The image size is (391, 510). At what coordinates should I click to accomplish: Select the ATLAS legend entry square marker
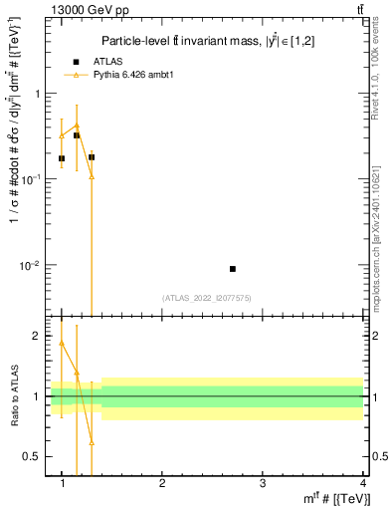click(76, 63)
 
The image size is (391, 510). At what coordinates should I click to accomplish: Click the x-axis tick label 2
click(162, 482)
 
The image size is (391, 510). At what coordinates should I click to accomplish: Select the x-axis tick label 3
click(262, 482)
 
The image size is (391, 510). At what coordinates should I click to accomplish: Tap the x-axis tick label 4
click(361, 482)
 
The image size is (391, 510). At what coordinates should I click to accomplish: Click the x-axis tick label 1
click(63, 482)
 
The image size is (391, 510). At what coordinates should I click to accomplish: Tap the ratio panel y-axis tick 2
click(38, 336)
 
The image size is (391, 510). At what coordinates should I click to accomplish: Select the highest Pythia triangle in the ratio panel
click(62, 343)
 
